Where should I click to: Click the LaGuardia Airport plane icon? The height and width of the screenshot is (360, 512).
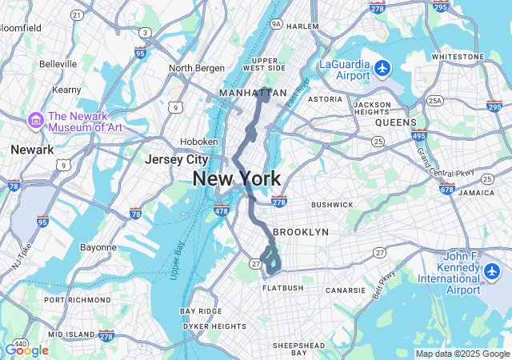pos(382,67)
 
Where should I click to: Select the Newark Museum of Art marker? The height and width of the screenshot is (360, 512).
pos(35,120)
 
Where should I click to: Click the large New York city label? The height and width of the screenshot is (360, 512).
pos(236,178)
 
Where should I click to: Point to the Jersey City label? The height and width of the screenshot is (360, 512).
pos(176,159)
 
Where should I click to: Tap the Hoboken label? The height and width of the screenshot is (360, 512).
pos(199,142)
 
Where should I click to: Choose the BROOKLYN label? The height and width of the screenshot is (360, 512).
pos(301,232)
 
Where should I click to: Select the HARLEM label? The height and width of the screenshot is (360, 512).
pos(302,26)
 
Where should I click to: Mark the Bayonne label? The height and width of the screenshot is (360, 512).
pos(98,247)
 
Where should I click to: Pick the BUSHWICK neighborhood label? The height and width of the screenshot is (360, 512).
pos(332,205)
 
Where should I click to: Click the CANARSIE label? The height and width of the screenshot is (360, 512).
pos(346,289)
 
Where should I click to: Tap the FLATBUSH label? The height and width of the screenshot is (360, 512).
pos(282,287)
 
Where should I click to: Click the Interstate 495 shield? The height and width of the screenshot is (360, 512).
pos(420,137)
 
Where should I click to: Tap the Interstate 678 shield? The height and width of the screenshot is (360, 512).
pos(447,189)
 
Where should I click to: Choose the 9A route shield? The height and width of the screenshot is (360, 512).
pos(277,25)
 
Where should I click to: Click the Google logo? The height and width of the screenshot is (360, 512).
pos(26,350)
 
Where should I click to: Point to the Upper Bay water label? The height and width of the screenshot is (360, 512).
pos(178,260)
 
